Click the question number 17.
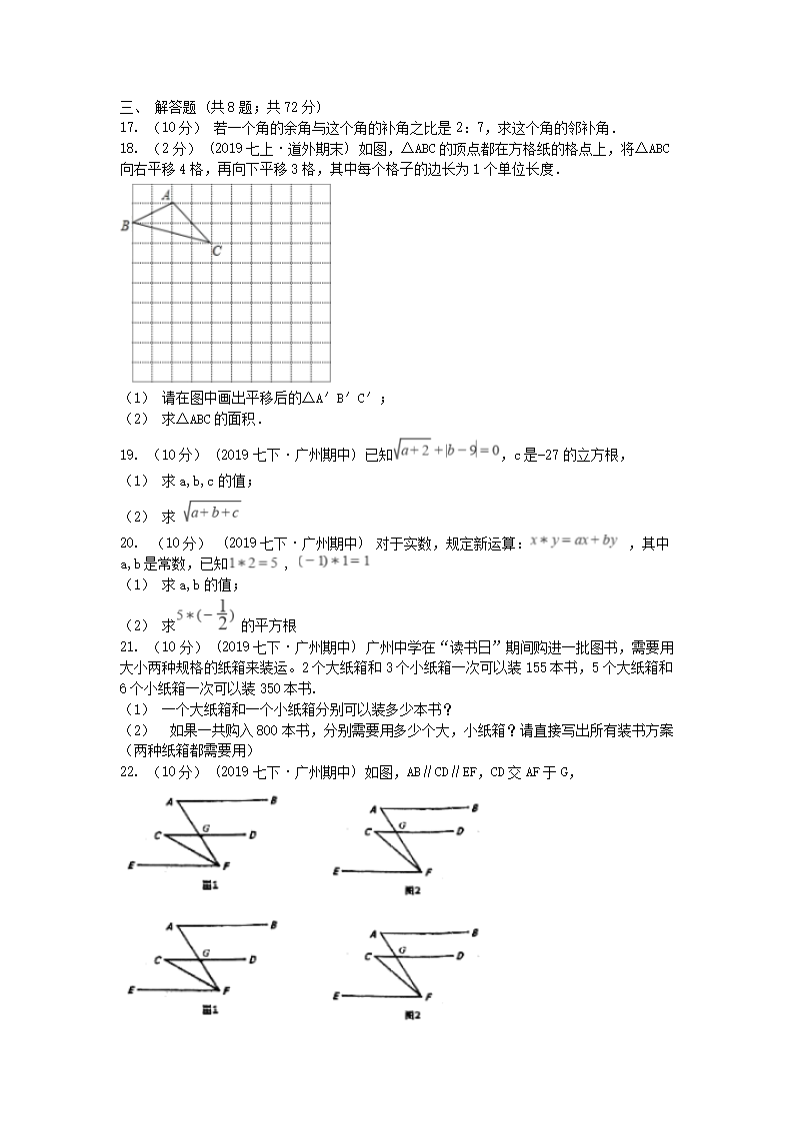(129, 128)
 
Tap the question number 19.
(129, 456)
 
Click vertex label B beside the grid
(124, 226)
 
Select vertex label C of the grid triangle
(216, 252)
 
